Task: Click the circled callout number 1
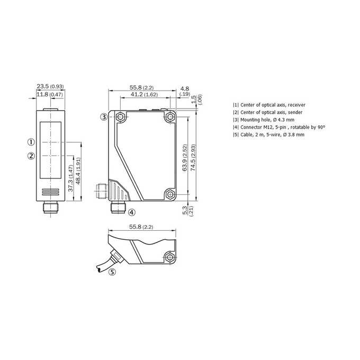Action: (x=31, y=142)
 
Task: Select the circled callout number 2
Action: (x=31, y=156)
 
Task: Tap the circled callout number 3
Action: (x=104, y=117)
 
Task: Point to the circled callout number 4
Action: (x=131, y=212)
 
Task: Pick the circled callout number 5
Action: (x=112, y=272)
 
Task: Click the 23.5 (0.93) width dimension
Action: (x=50, y=86)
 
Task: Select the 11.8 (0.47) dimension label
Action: (x=50, y=94)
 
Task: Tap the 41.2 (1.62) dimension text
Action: (x=144, y=94)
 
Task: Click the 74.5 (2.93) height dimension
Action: (x=193, y=158)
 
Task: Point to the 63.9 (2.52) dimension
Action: (x=185, y=158)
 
